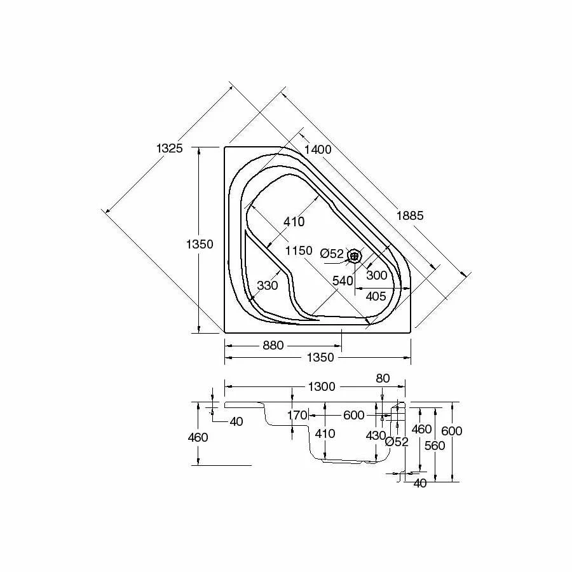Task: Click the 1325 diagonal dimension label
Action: pyautogui.click(x=169, y=148)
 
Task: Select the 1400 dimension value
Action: pyautogui.click(x=318, y=149)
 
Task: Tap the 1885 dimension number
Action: pyautogui.click(x=409, y=215)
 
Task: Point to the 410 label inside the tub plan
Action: pyautogui.click(x=294, y=222)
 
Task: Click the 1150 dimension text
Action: pyautogui.click(x=299, y=250)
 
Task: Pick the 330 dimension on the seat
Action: pyautogui.click(x=268, y=285)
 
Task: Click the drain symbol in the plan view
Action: pyautogui.click(x=355, y=255)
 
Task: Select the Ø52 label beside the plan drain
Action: pyautogui.click(x=332, y=254)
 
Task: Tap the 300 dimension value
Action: pyautogui.click(x=376, y=275)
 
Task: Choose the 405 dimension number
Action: pyautogui.click(x=376, y=296)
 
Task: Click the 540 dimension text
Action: pyautogui.click(x=343, y=280)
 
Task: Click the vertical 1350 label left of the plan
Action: pyautogui.click(x=200, y=244)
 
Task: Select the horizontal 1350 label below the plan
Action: pyautogui.click(x=320, y=358)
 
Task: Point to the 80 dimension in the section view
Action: pyautogui.click(x=383, y=378)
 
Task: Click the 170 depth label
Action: pyautogui.click(x=297, y=416)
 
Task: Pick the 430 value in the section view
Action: pyautogui.click(x=376, y=436)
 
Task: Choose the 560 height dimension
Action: pyautogui.click(x=435, y=446)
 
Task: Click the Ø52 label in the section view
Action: pyautogui.click(x=397, y=442)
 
